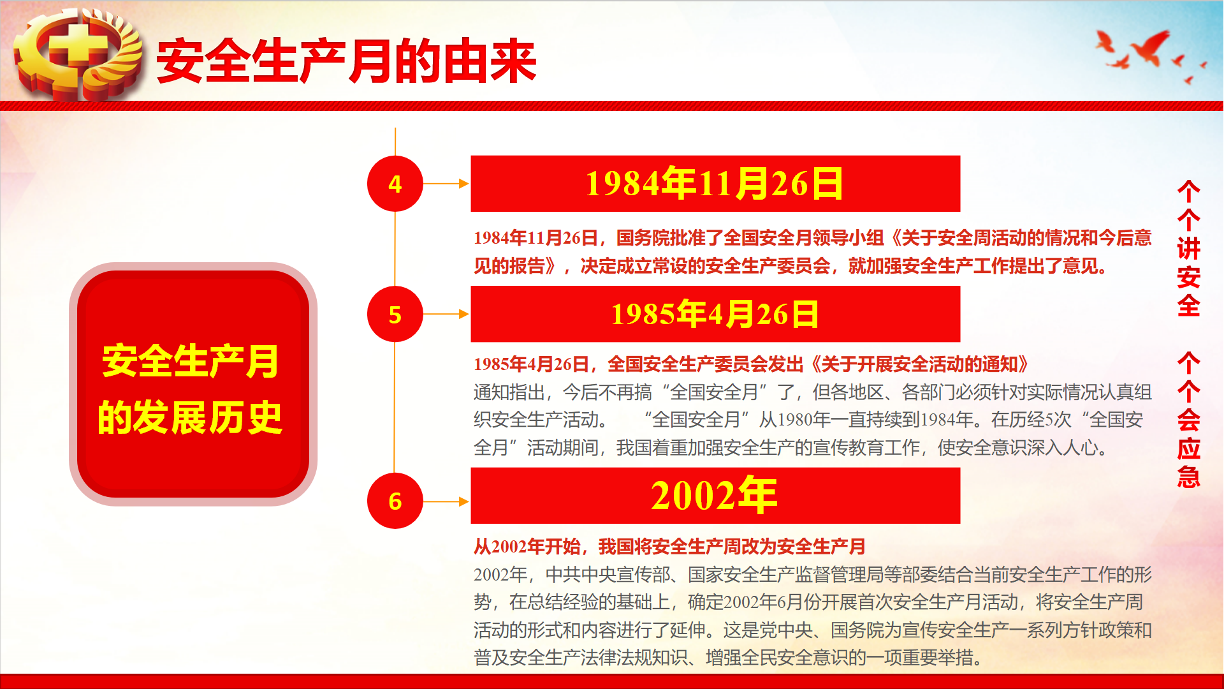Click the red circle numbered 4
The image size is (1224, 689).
pyautogui.click(x=395, y=184)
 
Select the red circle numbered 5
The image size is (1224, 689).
pyautogui.click(x=395, y=314)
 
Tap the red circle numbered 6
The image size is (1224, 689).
pyautogui.click(x=395, y=501)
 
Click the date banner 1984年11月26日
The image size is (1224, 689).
pyautogui.click(x=715, y=184)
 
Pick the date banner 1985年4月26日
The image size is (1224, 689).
pyautogui.click(x=715, y=314)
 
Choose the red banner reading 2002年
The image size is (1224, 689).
pyautogui.click(x=715, y=496)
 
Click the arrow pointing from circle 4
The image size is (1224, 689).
pyautogui.click(x=446, y=184)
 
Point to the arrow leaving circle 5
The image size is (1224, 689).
pyautogui.click(x=446, y=314)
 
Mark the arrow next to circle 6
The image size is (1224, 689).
pyautogui.click(x=446, y=501)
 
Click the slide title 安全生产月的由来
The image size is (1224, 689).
pyautogui.click(x=347, y=61)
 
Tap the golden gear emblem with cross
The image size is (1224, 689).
pyautogui.click(x=78, y=54)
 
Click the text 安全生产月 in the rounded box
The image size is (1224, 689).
pyautogui.click(x=190, y=361)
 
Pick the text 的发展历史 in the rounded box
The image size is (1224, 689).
pyautogui.click(x=190, y=418)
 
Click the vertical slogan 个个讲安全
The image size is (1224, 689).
pyautogui.click(x=1189, y=249)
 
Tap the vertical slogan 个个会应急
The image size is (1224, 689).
pyautogui.click(x=1189, y=420)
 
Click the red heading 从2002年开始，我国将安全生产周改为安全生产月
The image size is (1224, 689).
pyautogui.click(x=669, y=547)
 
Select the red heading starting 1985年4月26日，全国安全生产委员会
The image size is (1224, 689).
pyautogui.click(x=751, y=364)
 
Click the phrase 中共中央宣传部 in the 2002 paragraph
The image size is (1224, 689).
pyautogui.click(x=608, y=575)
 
